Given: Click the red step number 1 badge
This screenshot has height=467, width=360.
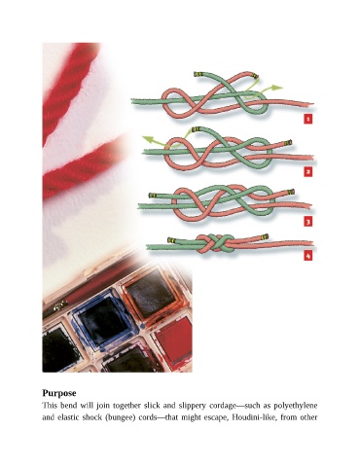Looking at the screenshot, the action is click(x=308, y=119).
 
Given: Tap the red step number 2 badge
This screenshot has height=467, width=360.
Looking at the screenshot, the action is click(x=308, y=171).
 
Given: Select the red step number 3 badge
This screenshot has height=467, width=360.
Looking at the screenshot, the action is click(x=308, y=222).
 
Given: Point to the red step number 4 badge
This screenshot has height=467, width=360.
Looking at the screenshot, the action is click(x=308, y=256).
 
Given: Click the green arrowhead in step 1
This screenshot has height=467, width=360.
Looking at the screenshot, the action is click(x=277, y=88).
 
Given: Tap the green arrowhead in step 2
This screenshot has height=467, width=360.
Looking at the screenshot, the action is click(x=148, y=139).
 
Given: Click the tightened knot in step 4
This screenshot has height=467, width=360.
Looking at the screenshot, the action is click(x=216, y=243).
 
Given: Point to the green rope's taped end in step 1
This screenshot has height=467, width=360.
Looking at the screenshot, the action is click(x=198, y=74).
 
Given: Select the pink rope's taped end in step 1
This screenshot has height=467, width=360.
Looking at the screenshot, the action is click(x=256, y=76).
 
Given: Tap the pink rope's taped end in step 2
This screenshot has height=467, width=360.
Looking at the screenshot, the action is click(x=288, y=142).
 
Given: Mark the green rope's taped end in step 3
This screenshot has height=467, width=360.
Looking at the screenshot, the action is click(x=153, y=196).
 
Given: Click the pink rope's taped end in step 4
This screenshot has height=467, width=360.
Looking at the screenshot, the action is click(x=265, y=236).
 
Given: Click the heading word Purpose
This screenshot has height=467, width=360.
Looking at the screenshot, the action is click(x=59, y=393).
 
